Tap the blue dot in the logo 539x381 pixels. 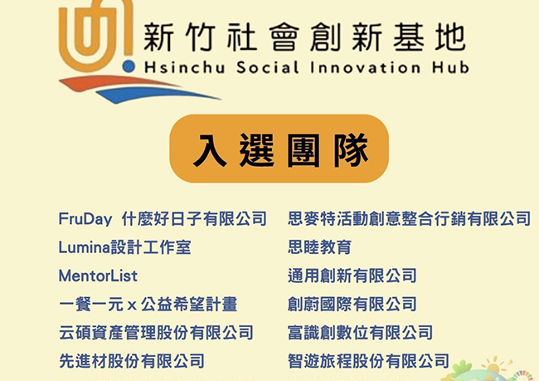point(127,64)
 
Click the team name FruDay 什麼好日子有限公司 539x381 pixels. point(163,218)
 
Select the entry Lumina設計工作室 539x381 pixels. point(124,247)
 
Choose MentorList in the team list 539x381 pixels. point(98,275)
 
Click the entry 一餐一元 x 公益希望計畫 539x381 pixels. point(148,304)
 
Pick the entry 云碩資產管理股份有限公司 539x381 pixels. point(156,332)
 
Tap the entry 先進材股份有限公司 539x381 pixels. point(131,361)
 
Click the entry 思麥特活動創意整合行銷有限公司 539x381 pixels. point(409,218)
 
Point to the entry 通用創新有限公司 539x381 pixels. point(352,275)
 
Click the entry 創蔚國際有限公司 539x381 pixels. point(352,304)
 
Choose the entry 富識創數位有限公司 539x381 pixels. point(360,332)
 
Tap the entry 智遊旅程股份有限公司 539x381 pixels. point(368,361)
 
